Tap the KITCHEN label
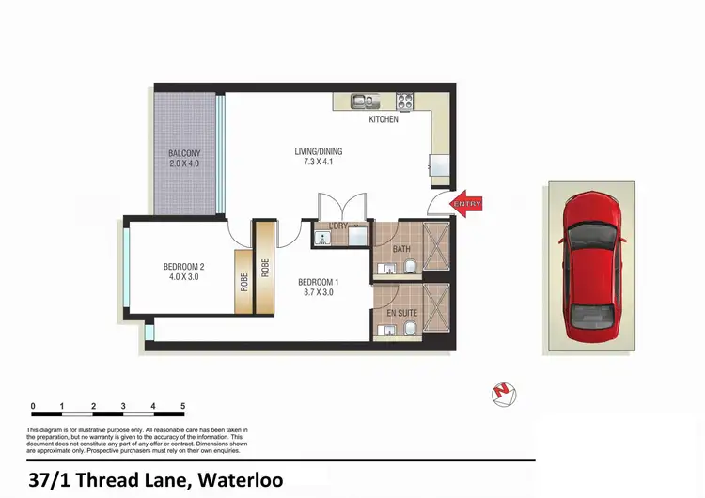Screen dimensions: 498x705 (383, 119)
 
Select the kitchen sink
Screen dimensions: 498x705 (361, 101)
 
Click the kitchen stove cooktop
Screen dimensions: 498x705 (406, 100)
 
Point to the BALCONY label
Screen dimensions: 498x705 (184, 153)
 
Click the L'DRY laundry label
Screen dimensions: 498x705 (338, 226)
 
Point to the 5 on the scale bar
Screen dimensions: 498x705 (182, 407)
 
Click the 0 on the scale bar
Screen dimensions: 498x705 (33, 407)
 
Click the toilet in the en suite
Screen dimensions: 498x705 (410, 329)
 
